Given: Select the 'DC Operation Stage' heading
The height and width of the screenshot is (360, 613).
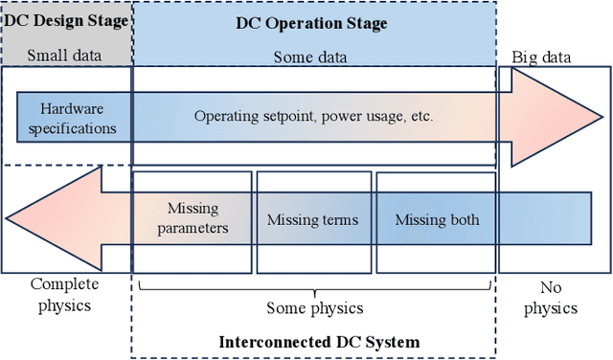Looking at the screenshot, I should pyautogui.click(x=312, y=23).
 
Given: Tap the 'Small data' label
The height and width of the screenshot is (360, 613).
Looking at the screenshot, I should pyautogui.click(x=66, y=56).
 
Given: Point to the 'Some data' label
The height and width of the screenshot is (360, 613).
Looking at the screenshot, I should pyautogui.click(x=313, y=56).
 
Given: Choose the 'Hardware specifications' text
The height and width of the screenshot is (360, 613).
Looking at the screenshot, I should pyautogui.click(x=65, y=118).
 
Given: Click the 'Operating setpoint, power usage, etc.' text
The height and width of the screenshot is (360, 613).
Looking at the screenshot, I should pyautogui.click(x=314, y=117).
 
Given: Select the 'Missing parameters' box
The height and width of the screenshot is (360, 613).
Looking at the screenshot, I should pyautogui.click(x=193, y=218).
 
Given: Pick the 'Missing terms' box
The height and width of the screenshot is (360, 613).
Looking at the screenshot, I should pyautogui.click(x=312, y=219).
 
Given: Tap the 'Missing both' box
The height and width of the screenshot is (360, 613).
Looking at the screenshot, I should pyautogui.click(x=437, y=219).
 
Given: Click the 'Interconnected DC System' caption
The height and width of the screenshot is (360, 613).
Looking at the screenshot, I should pyautogui.click(x=319, y=342).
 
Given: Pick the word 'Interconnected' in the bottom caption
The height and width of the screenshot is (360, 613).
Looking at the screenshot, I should pyautogui.click(x=271, y=342).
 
